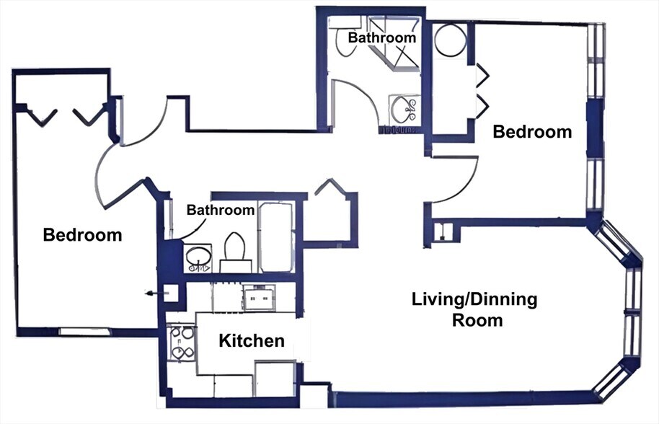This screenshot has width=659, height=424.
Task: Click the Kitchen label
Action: [252, 340]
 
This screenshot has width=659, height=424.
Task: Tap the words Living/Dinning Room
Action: [474, 309]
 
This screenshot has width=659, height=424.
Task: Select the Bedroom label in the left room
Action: [82, 235]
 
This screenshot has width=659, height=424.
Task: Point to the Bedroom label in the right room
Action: [532, 132]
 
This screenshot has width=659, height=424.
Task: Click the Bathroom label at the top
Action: [382, 37]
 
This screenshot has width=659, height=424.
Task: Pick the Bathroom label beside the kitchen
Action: [221, 210]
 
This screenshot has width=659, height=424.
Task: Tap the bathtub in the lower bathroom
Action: [276, 237]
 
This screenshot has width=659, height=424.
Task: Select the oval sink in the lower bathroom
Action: [197, 255]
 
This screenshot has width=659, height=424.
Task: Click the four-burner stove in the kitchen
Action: [180, 343]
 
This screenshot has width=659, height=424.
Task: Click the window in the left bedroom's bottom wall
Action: [84, 332]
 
